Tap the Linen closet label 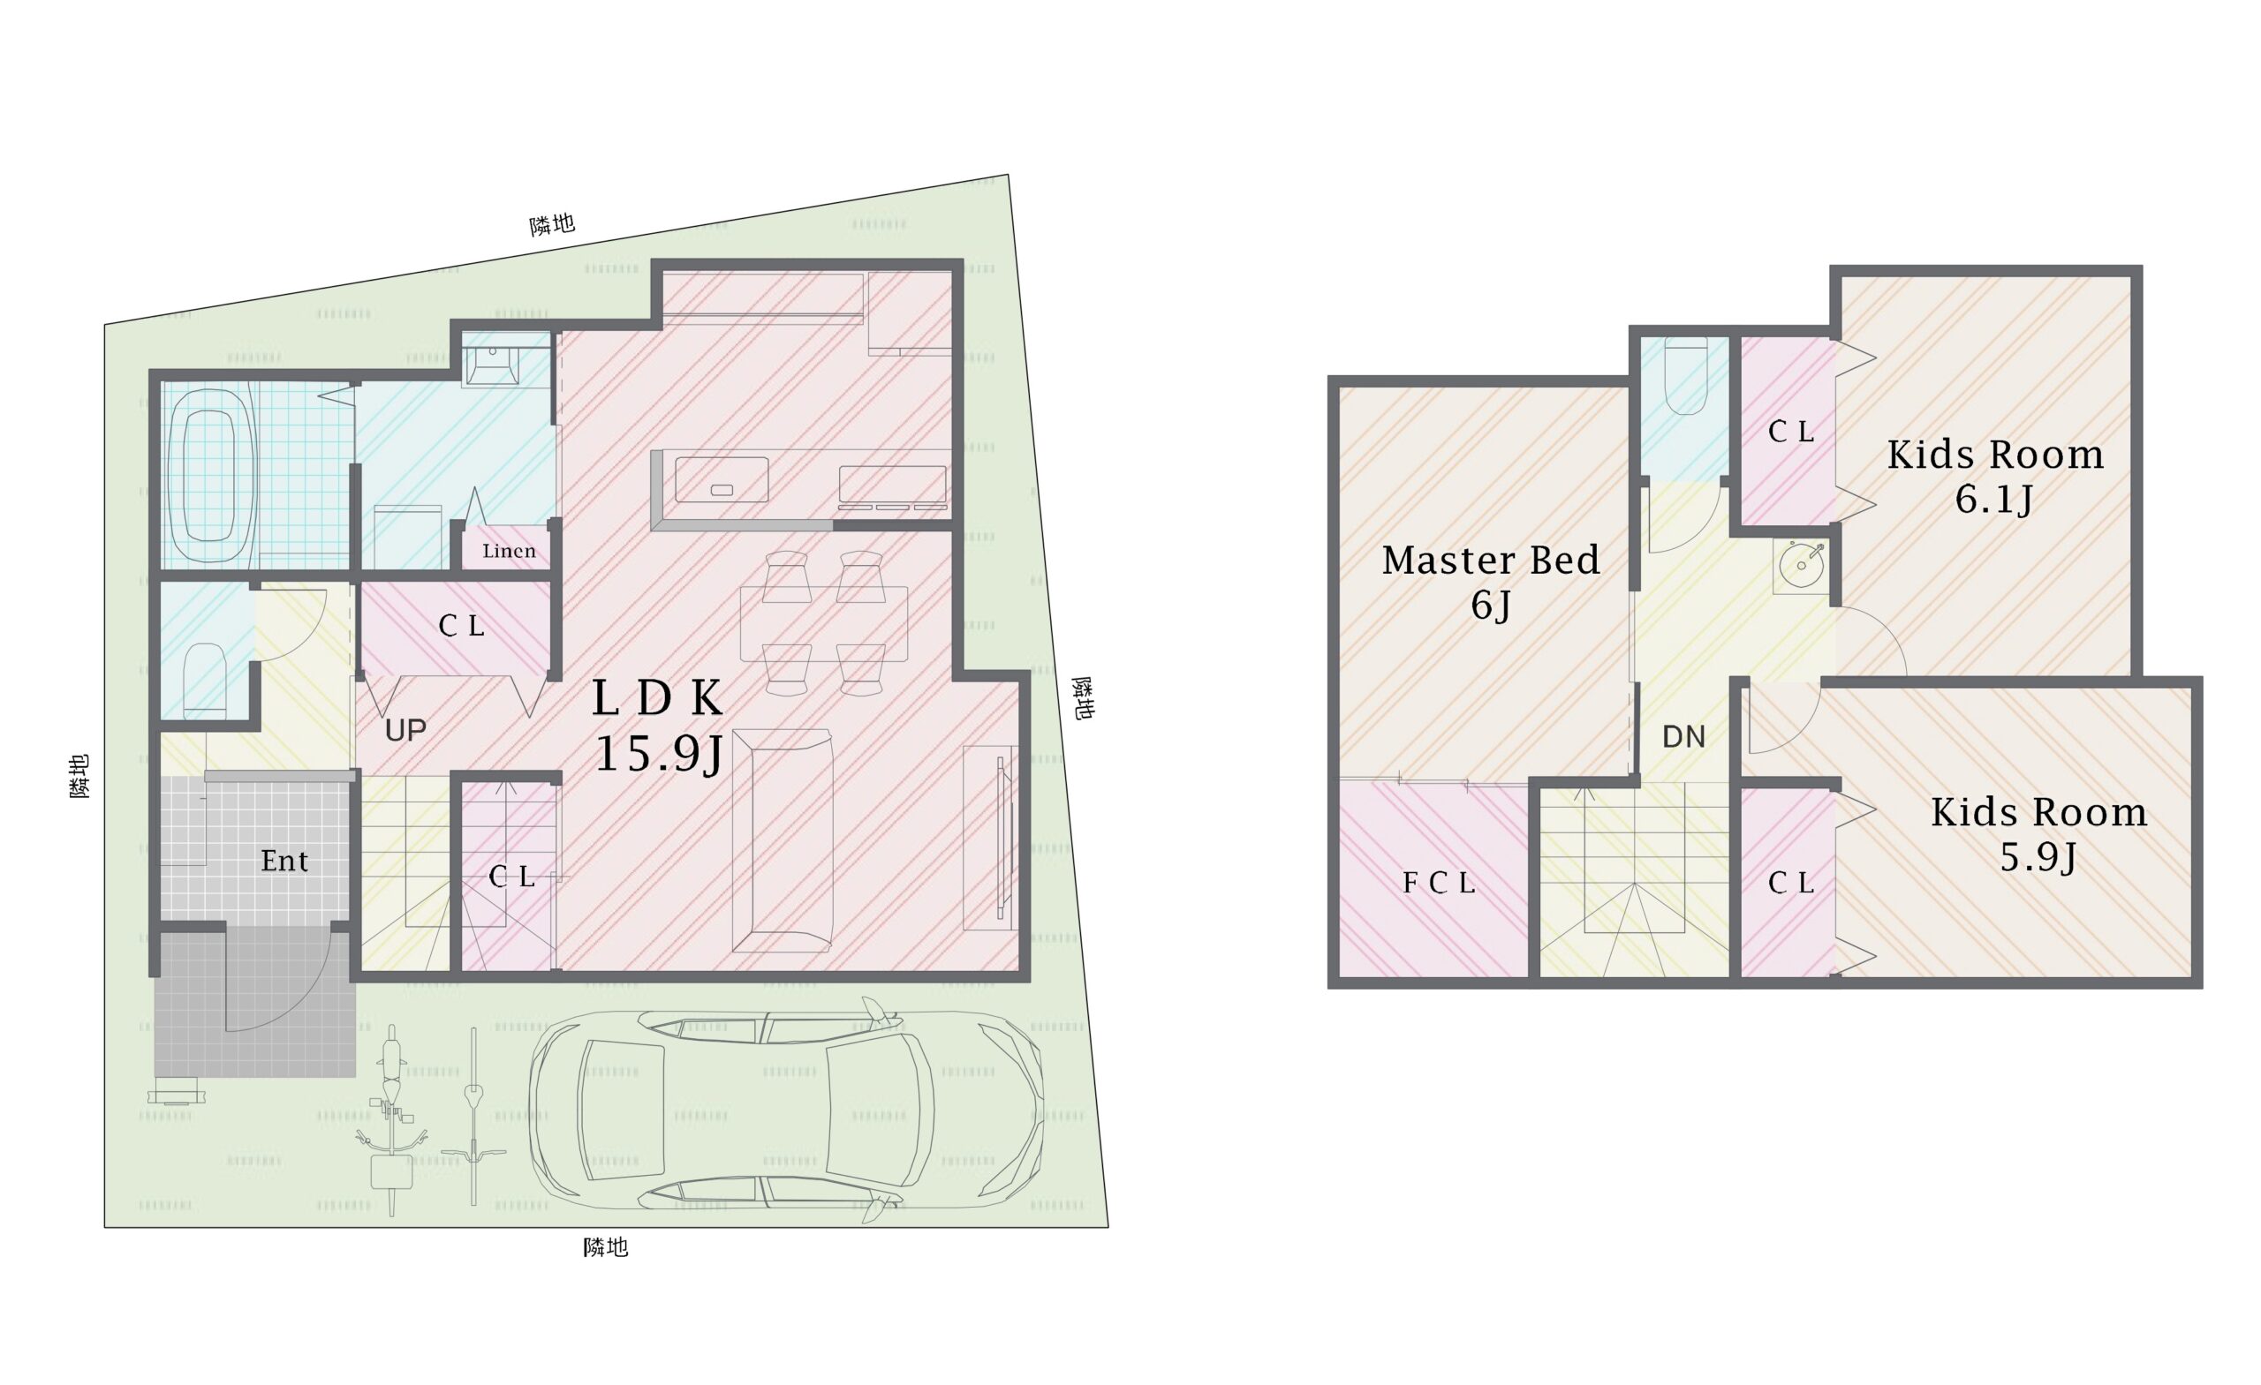point(510,550)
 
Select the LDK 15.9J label point(658,726)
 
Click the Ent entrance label point(284,861)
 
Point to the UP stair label point(405,730)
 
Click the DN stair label point(1683,736)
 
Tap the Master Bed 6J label point(1491,582)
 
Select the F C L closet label point(1439,883)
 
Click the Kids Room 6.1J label point(1996,476)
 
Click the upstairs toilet point(1686,376)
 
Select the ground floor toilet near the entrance point(206,681)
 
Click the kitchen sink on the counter point(722,479)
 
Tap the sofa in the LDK point(782,840)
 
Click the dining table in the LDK point(824,624)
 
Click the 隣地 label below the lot point(607,1247)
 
